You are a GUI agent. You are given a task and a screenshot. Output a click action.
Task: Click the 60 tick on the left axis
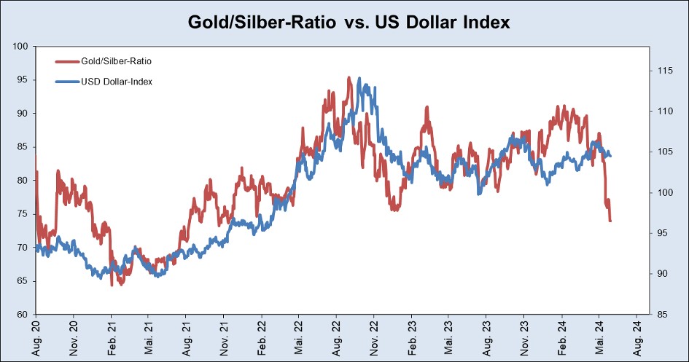[x=23, y=315]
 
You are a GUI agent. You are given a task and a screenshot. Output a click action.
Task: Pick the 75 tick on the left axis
[x=23, y=214]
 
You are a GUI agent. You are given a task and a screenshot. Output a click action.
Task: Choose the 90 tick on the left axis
[x=23, y=114]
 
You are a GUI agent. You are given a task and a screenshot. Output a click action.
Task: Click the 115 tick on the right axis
[x=665, y=71]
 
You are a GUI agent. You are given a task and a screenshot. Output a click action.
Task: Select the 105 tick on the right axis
[x=665, y=152]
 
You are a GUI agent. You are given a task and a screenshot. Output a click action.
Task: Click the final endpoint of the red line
[x=610, y=221]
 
